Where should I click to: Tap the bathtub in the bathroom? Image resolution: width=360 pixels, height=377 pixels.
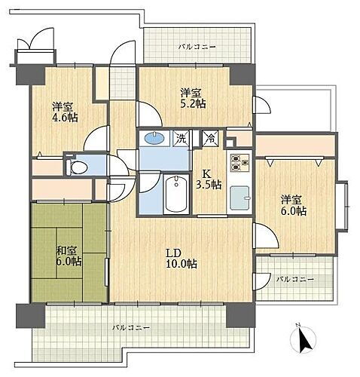tap(177, 195)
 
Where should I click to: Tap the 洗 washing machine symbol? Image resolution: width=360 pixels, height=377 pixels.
tap(182, 138)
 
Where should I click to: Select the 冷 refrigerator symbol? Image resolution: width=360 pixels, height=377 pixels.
tap(210, 139)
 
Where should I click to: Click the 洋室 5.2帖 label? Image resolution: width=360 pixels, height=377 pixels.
tap(192, 97)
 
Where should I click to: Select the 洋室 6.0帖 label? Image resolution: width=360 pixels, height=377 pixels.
tap(294, 205)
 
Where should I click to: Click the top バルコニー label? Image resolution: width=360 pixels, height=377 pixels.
tap(197, 47)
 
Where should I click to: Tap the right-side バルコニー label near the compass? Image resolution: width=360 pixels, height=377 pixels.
tap(293, 279)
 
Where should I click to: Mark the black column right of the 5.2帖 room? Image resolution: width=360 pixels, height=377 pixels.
tap(239, 75)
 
